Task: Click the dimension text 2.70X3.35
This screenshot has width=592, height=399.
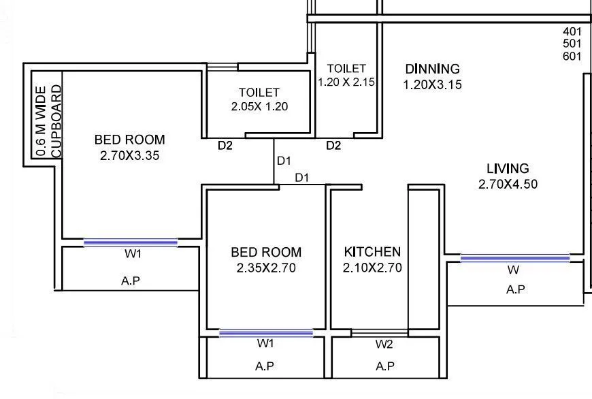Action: click(129, 155)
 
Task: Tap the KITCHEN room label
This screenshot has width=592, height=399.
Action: click(372, 252)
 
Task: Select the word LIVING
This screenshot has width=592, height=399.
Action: click(508, 168)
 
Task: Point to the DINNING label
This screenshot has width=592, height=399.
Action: click(432, 69)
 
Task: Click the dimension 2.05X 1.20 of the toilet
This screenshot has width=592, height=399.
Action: click(259, 107)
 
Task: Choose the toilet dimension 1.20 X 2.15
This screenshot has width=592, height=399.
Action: click(346, 82)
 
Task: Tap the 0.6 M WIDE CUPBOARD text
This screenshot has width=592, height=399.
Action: click(48, 122)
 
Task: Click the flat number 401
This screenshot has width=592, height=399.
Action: click(572, 31)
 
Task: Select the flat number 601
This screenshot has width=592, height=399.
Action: click(572, 57)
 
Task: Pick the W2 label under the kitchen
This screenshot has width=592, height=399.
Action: click(384, 345)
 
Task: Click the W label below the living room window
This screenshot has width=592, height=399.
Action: click(514, 270)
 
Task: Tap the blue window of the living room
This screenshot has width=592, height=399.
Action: click(514, 257)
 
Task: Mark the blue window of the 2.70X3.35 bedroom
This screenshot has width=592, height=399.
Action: click(130, 242)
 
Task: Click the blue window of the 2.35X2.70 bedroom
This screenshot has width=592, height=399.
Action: click(266, 333)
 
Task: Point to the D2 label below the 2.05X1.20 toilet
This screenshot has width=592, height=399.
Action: click(225, 146)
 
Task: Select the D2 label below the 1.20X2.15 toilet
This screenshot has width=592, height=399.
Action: click(333, 146)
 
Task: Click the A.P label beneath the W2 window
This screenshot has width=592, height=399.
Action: click(385, 366)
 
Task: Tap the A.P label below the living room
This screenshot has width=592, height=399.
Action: click(515, 289)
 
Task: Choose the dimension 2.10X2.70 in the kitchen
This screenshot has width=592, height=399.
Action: click(372, 268)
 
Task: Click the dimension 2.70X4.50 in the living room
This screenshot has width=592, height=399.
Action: click(508, 184)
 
